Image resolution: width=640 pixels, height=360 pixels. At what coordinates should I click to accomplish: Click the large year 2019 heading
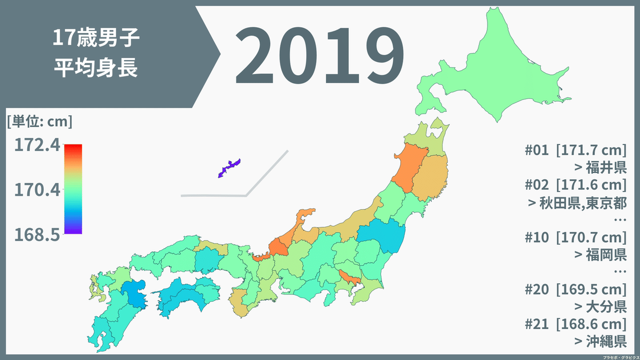(318, 55)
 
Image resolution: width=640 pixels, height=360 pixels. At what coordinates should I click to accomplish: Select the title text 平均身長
(96, 68)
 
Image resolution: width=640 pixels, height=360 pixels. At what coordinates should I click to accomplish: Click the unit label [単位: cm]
(39, 122)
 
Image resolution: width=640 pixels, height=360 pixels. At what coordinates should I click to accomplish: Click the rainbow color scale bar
(73, 189)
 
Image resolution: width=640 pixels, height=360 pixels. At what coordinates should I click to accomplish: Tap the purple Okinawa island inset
(229, 167)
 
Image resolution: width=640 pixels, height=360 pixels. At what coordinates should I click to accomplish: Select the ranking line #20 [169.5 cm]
(575, 289)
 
